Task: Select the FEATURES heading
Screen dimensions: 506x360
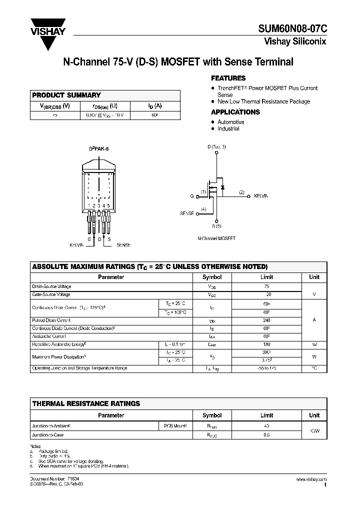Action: [x=228, y=78]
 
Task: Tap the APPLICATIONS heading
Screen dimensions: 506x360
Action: [x=235, y=112]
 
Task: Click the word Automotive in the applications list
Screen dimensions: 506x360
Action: [x=230, y=122]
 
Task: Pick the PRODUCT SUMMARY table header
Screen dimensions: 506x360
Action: [x=66, y=95]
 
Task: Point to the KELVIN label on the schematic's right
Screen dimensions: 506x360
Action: [x=261, y=196]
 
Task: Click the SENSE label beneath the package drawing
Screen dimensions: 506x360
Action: [x=123, y=245]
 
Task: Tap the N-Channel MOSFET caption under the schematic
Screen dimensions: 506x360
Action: [x=216, y=238]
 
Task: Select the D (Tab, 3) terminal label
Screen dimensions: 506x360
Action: [x=216, y=147]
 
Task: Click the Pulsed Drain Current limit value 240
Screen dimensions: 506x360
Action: [x=266, y=320]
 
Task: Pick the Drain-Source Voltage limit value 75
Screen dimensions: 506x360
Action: [x=266, y=286]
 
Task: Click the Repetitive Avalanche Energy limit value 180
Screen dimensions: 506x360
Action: [x=266, y=344]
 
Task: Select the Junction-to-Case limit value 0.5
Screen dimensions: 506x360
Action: [x=266, y=435]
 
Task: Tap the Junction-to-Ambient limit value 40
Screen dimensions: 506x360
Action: [x=266, y=426]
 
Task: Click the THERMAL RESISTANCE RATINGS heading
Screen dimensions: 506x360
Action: [x=86, y=403]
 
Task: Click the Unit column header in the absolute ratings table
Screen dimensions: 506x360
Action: [x=314, y=276]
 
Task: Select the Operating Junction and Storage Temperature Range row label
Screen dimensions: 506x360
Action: [x=79, y=368]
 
